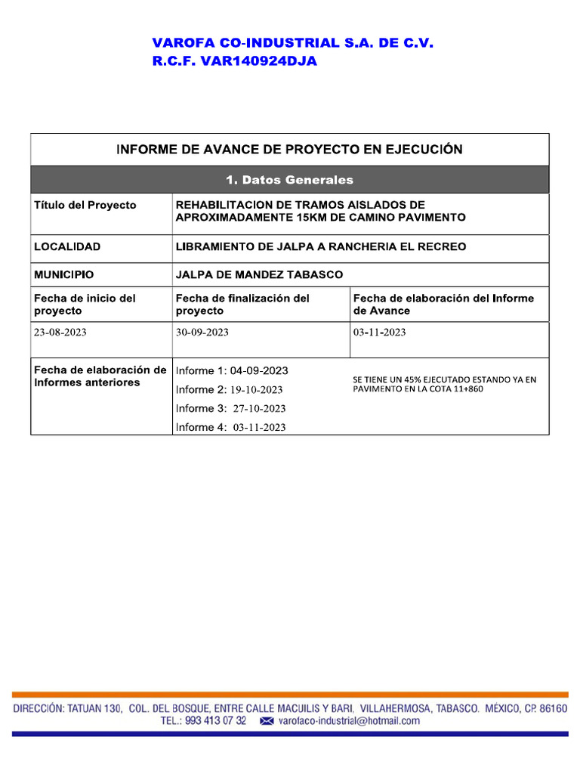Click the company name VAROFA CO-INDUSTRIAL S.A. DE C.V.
coord(293,44)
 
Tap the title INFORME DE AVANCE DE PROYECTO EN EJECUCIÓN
coord(289,150)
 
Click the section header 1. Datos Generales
coord(289,180)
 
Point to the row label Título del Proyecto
coord(85,205)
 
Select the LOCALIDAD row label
coord(67,246)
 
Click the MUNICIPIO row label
coord(64,274)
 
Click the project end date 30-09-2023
coord(202,333)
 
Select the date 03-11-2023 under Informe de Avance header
coord(379,333)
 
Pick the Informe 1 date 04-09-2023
coord(259,370)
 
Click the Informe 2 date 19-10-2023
coord(256,390)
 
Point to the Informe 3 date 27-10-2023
coord(259,409)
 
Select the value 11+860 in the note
coord(467,389)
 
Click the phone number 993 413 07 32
coord(214,721)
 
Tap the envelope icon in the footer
coord(267,722)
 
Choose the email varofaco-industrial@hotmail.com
coord(348,721)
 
